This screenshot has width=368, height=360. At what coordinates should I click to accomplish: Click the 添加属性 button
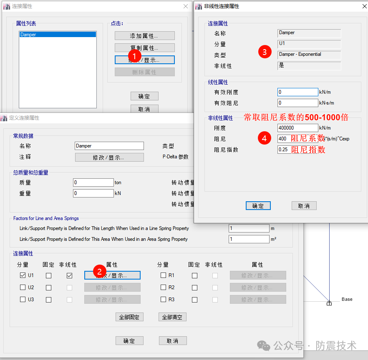click(144, 36)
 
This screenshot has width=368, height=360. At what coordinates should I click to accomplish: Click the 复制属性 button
click(144, 48)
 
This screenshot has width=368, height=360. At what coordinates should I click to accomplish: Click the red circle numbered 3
click(265, 52)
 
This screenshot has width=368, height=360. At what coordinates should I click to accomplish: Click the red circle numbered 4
click(265, 138)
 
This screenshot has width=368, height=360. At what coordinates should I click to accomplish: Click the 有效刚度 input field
click(297, 92)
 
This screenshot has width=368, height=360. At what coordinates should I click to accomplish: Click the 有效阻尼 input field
click(297, 103)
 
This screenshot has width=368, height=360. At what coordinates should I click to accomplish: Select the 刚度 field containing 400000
click(297, 128)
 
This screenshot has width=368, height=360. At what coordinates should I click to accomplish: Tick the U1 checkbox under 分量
click(23, 275)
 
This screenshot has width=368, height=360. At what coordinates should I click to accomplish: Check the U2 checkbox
click(23, 287)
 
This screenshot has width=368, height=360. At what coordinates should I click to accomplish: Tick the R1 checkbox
click(164, 275)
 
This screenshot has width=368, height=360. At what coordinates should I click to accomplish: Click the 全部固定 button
click(129, 317)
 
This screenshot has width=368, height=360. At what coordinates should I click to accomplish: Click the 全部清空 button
click(172, 317)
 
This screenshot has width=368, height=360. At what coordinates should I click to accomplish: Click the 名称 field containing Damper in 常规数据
click(109, 146)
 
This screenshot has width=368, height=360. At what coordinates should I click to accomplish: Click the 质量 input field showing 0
click(93, 182)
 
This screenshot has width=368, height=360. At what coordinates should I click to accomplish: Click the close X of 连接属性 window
click(186, 6)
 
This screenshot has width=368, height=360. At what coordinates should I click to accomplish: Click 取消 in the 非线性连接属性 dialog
click(304, 206)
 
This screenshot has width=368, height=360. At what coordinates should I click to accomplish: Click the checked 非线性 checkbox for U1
click(69, 275)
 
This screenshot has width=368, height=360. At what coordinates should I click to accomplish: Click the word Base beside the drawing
click(347, 299)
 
